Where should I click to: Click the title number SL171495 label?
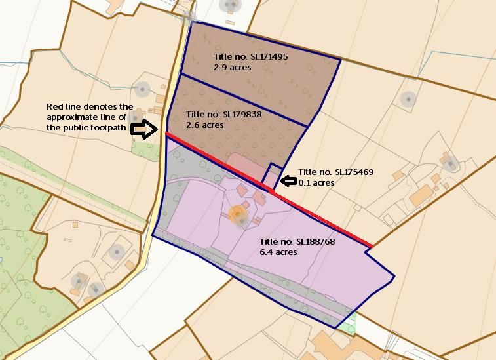coord(250,57)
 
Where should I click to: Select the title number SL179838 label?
coord(224,115)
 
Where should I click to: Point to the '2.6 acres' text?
coord(204,125)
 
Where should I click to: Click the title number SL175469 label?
coord(335,172)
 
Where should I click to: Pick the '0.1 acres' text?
coord(316,182)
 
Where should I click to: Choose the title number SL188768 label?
coord(297,242)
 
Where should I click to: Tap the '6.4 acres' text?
coord(278,252)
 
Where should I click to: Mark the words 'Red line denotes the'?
coord(90,107)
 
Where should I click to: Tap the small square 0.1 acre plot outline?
coord(272,174)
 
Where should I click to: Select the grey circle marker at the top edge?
coord(230,6)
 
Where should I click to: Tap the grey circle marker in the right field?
coord(408,100)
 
